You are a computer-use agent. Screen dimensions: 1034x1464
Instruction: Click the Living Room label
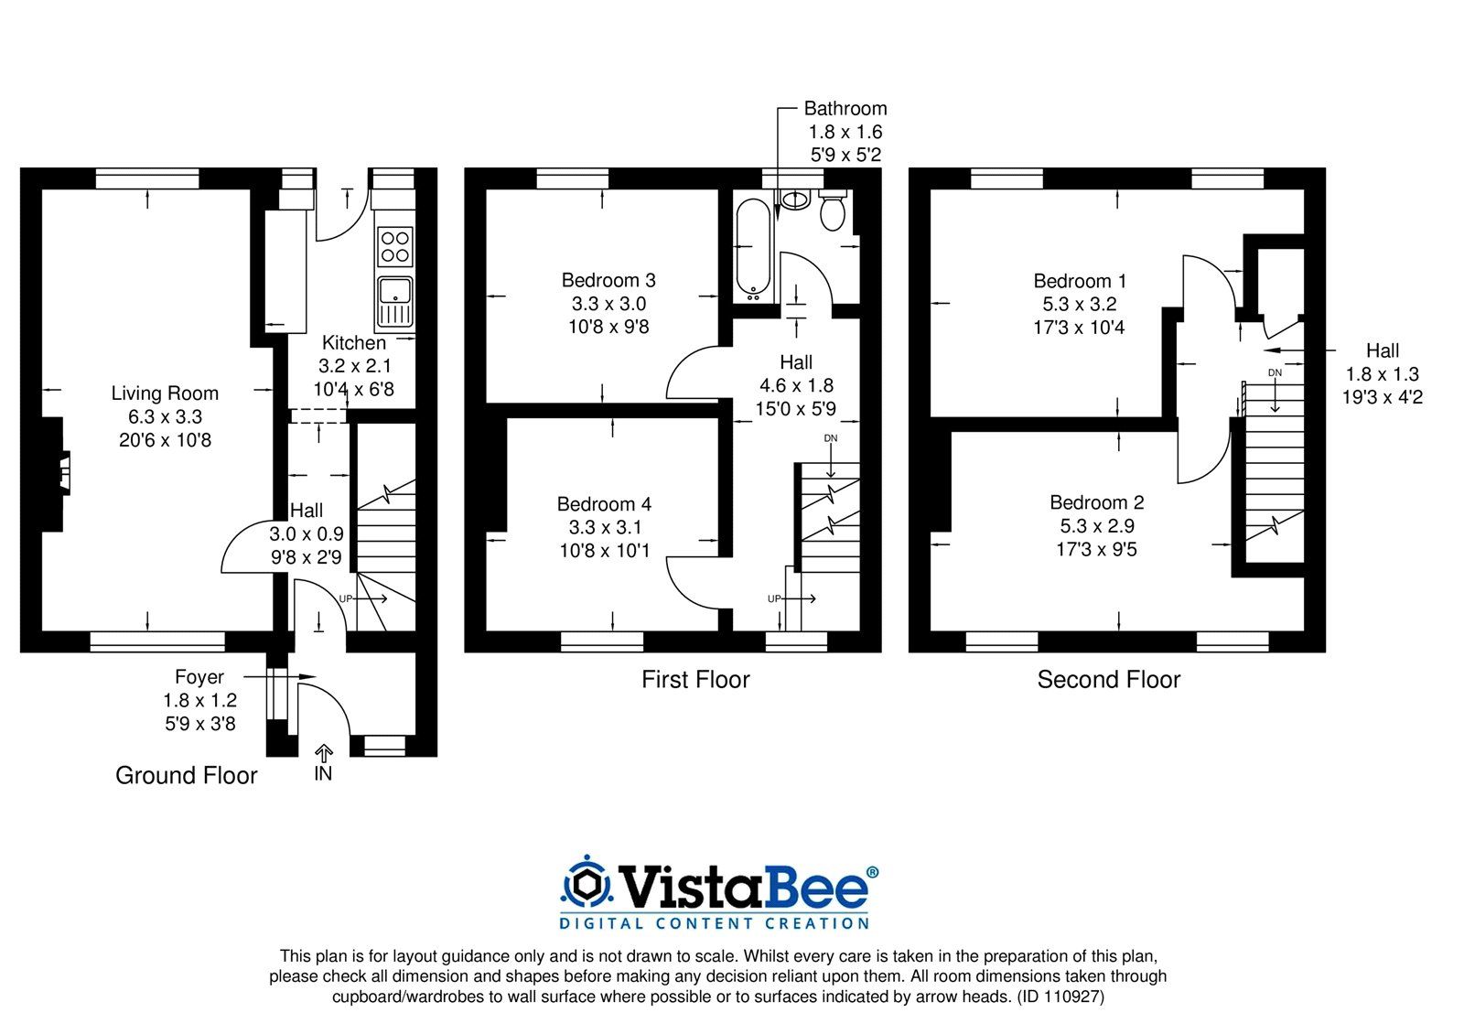(x=165, y=393)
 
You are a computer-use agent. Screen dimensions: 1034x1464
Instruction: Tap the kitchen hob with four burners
(x=395, y=246)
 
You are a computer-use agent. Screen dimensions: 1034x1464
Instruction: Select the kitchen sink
(x=395, y=300)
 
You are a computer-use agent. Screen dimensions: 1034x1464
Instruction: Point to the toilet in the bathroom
(x=832, y=210)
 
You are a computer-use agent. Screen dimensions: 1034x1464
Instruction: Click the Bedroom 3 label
(x=608, y=280)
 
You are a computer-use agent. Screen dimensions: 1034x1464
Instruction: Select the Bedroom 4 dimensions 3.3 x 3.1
(x=605, y=527)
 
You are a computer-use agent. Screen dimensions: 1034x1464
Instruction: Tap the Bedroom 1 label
(x=1080, y=281)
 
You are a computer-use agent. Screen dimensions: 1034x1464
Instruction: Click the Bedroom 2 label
(x=1096, y=502)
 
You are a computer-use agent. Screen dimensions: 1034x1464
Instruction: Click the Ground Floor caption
(x=186, y=776)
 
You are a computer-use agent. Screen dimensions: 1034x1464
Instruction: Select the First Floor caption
(x=695, y=680)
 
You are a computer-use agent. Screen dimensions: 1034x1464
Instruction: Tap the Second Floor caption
(x=1108, y=680)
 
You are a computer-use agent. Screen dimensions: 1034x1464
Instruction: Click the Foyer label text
(x=199, y=677)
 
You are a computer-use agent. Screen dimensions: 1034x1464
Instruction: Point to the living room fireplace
(x=59, y=473)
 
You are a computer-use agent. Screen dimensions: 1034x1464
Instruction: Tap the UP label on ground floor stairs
(x=346, y=598)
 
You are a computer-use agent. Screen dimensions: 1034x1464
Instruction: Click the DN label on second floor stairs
(x=1275, y=373)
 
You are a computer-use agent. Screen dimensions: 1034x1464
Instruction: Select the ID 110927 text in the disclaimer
(x=1060, y=997)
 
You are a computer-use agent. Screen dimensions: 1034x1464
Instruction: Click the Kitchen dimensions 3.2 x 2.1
(x=355, y=366)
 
